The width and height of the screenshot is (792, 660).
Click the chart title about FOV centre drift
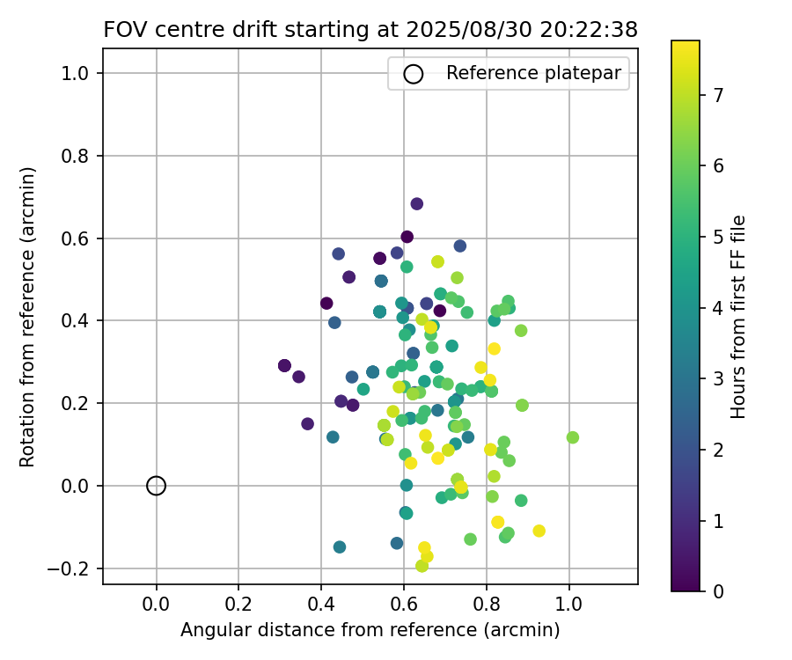pos(370,29)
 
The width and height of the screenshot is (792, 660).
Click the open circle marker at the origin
pos(156,486)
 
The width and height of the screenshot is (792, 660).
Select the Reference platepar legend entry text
pos(539,74)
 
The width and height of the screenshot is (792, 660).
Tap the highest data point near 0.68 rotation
pos(417,203)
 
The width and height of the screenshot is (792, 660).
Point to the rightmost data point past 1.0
pos(573,437)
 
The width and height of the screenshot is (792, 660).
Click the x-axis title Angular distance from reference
pos(370,630)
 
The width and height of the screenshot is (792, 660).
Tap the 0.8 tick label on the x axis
pos(486,605)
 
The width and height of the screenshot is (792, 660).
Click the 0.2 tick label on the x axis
pos(238,605)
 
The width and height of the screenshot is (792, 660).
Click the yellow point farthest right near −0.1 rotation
pos(539,531)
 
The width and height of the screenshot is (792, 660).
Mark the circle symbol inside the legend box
pos(414,74)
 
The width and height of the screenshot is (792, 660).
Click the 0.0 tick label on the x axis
pos(156,605)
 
